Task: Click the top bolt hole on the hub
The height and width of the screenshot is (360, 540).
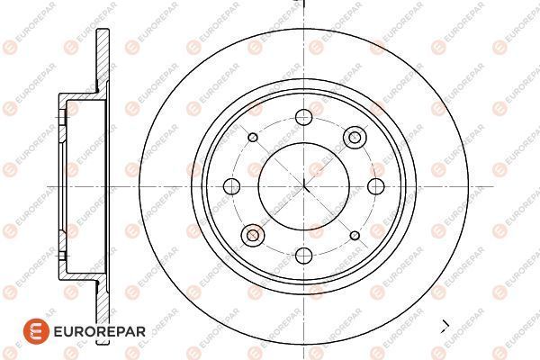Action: (304, 117)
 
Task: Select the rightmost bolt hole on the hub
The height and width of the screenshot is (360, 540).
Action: (375, 186)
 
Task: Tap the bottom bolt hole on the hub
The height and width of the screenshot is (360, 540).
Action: (304, 256)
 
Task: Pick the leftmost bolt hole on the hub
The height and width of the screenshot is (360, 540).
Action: (232, 186)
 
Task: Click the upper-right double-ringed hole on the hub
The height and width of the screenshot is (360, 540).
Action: (355, 138)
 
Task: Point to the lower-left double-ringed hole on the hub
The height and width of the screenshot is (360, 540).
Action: (253, 235)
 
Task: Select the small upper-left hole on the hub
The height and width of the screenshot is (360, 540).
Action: (253, 138)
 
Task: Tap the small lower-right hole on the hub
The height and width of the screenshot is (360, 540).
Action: (355, 236)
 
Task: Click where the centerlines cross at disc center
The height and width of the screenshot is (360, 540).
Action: (304, 186)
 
